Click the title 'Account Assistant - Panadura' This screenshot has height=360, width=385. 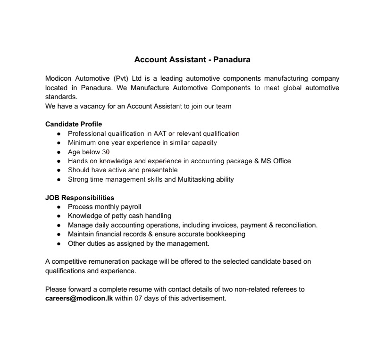coord(192,59)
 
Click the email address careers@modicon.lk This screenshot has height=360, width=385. coord(79,298)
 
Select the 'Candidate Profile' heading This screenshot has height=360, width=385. coord(74,124)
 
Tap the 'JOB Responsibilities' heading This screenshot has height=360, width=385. coord(80,198)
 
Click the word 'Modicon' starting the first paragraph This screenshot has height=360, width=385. coord(59,78)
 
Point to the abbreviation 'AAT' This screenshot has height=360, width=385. coord(160,134)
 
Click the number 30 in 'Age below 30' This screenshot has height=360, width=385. coord(106,152)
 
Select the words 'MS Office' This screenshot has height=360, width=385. coord(276,161)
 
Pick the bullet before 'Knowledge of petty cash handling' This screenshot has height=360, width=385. coord(59,216)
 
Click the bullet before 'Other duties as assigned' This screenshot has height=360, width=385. coord(59,244)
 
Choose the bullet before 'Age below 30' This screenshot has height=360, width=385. coord(59,152)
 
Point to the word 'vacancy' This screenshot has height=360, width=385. coord(92,106)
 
